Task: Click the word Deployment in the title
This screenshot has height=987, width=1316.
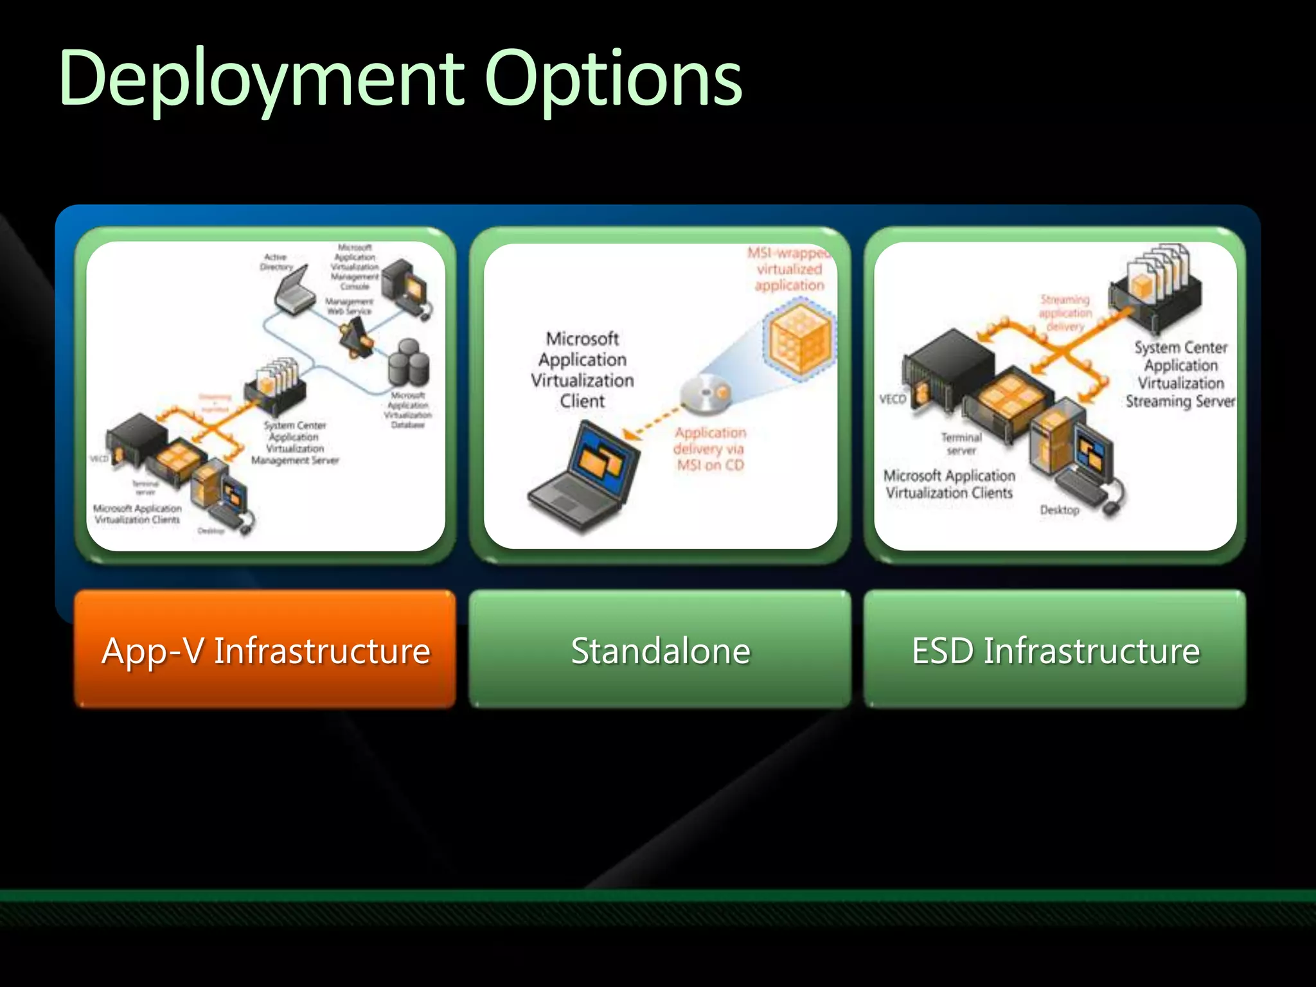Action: click(x=260, y=80)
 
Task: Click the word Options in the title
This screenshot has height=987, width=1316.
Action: click(x=614, y=80)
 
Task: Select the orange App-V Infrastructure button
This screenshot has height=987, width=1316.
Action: click(x=265, y=650)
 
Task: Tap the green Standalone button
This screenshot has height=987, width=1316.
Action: click(x=660, y=650)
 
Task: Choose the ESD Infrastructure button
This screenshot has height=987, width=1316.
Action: click(x=1055, y=650)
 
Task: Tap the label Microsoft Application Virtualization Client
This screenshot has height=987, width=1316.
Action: click(x=582, y=369)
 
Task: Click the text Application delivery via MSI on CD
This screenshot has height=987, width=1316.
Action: click(x=710, y=449)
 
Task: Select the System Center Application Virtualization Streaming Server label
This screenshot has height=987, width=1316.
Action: click(x=1180, y=374)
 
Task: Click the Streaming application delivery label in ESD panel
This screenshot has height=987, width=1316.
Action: click(x=1065, y=312)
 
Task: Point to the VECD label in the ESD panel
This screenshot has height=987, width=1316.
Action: click(x=893, y=399)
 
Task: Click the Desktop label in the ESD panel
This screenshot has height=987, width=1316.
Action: click(x=1060, y=510)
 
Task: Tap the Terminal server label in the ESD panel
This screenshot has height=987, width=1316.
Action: click(x=961, y=443)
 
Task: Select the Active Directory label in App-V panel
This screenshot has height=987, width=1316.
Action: click(x=277, y=262)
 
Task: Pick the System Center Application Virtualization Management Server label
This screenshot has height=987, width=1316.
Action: click(x=295, y=443)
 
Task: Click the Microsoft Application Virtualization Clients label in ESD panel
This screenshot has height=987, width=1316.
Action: click(x=949, y=484)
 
